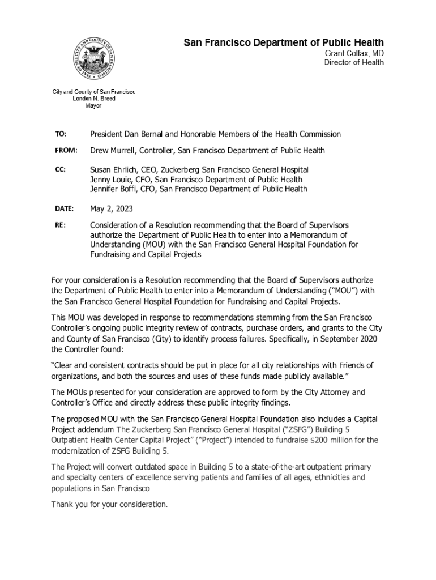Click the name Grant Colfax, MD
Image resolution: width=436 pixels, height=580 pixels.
click(x=354, y=53)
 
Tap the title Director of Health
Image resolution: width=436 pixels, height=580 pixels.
click(x=354, y=62)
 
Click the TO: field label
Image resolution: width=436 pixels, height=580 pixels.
click(x=61, y=134)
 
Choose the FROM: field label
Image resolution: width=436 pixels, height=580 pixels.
click(x=65, y=151)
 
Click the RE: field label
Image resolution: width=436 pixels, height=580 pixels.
click(x=60, y=225)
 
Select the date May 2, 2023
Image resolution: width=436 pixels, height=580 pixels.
click(x=112, y=208)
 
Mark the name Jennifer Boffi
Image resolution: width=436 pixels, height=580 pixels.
click(x=115, y=189)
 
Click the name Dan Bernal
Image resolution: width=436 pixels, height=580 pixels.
click(x=149, y=134)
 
